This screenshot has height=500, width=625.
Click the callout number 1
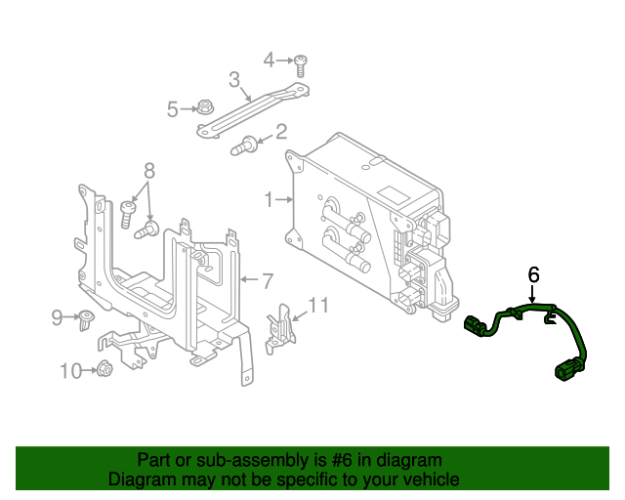[269, 200]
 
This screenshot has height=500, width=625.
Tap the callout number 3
[234, 79]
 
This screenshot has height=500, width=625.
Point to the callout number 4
[270, 61]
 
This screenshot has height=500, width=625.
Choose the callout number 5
[173, 109]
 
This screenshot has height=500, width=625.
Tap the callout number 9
[58, 316]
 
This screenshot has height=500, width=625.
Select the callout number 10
[71, 370]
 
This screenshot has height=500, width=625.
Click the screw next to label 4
[302, 63]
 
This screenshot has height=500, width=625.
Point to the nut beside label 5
[205, 106]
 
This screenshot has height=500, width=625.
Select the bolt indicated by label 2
[244, 147]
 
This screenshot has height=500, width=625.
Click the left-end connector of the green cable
[478, 326]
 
